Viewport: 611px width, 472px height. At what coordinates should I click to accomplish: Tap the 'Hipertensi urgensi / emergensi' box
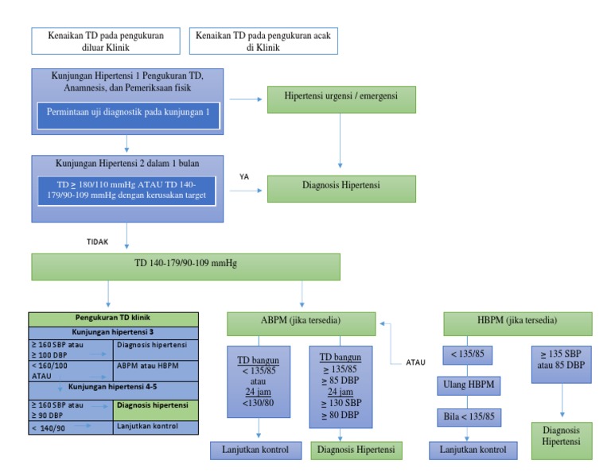(x=341, y=96)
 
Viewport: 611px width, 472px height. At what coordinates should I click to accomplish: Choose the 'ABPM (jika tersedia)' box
(x=301, y=323)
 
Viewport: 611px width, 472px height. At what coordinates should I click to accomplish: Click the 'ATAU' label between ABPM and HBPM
(x=407, y=362)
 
